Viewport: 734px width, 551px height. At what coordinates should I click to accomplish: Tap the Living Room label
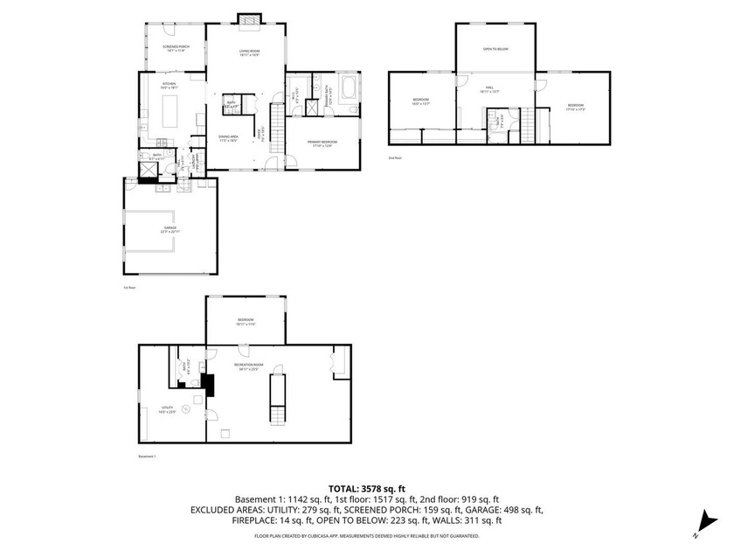tap(250, 53)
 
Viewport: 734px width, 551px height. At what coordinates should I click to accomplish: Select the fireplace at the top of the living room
tap(250, 18)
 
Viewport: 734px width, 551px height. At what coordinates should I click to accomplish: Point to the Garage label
tap(169, 229)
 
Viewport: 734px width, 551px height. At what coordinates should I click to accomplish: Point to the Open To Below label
tap(495, 49)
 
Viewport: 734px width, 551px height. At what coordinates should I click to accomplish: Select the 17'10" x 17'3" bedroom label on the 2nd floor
tap(575, 108)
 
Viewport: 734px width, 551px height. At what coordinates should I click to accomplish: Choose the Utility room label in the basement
tap(168, 409)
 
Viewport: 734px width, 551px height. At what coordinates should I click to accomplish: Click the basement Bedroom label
tap(246, 321)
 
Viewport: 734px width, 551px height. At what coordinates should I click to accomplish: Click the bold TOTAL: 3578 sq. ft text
tap(366, 489)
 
